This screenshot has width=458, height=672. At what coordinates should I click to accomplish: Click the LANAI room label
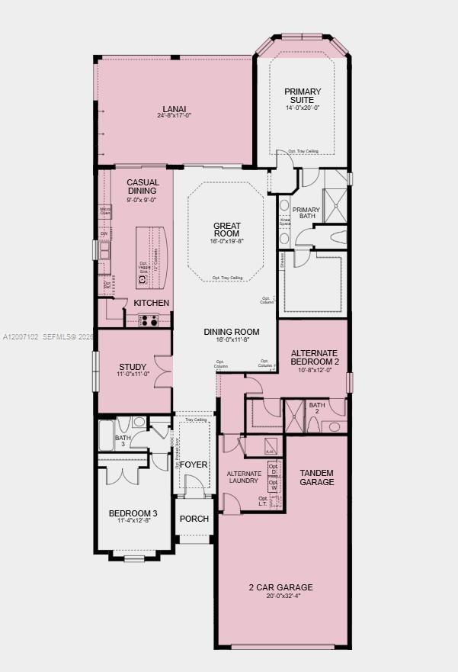point(174,108)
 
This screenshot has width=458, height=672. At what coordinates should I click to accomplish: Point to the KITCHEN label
point(152,303)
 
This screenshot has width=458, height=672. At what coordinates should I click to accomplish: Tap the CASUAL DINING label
point(143,187)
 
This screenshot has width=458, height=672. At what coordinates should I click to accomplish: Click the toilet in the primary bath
point(334,237)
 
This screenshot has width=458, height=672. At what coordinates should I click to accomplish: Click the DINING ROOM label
point(232,332)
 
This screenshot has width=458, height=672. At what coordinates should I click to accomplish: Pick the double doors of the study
point(163,371)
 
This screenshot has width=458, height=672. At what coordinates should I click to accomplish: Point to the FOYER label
point(194,463)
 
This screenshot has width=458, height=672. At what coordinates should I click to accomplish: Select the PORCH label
point(194,519)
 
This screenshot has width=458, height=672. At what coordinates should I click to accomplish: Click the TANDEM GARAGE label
point(316,477)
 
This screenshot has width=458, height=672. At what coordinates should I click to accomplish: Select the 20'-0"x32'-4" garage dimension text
point(280,597)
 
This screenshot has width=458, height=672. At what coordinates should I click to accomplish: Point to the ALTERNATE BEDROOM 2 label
point(315,357)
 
